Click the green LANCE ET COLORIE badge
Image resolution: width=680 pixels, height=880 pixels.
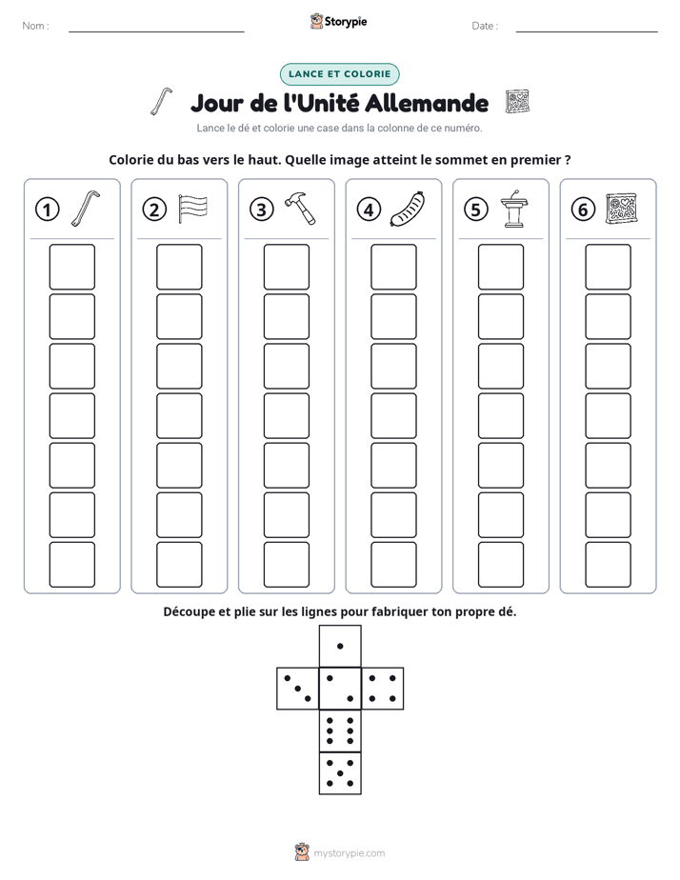[x=339, y=74]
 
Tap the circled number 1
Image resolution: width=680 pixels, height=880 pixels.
[x=47, y=210]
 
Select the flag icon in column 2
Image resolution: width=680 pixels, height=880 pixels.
[x=192, y=209]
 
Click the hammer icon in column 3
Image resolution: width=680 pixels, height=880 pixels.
[x=300, y=209]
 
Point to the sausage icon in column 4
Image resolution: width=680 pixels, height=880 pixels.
[x=408, y=209]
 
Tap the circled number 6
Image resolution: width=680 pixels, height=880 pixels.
[x=583, y=210]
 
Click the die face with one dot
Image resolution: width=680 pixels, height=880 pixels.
[x=340, y=646]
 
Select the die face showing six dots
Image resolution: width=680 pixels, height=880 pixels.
[x=340, y=731]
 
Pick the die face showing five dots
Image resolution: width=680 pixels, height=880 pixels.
[x=340, y=773]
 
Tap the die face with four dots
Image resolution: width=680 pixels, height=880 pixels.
[x=383, y=689]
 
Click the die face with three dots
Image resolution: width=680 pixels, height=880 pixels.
[x=298, y=689]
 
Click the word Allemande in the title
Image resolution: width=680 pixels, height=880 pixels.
[x=427, y=103]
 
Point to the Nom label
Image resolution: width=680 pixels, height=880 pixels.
[x=35, y=26]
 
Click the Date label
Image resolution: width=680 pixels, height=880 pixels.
[x=485, y=26]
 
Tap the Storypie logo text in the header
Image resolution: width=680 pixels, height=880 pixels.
[x=346, y=22]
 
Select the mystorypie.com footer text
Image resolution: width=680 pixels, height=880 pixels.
[x=349, y=853]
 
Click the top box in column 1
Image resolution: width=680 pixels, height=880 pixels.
[x=71, y=267]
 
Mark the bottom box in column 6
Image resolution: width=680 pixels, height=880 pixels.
[x=609, y=565]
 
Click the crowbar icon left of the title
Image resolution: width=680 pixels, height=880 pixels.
[x=161, y=102]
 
